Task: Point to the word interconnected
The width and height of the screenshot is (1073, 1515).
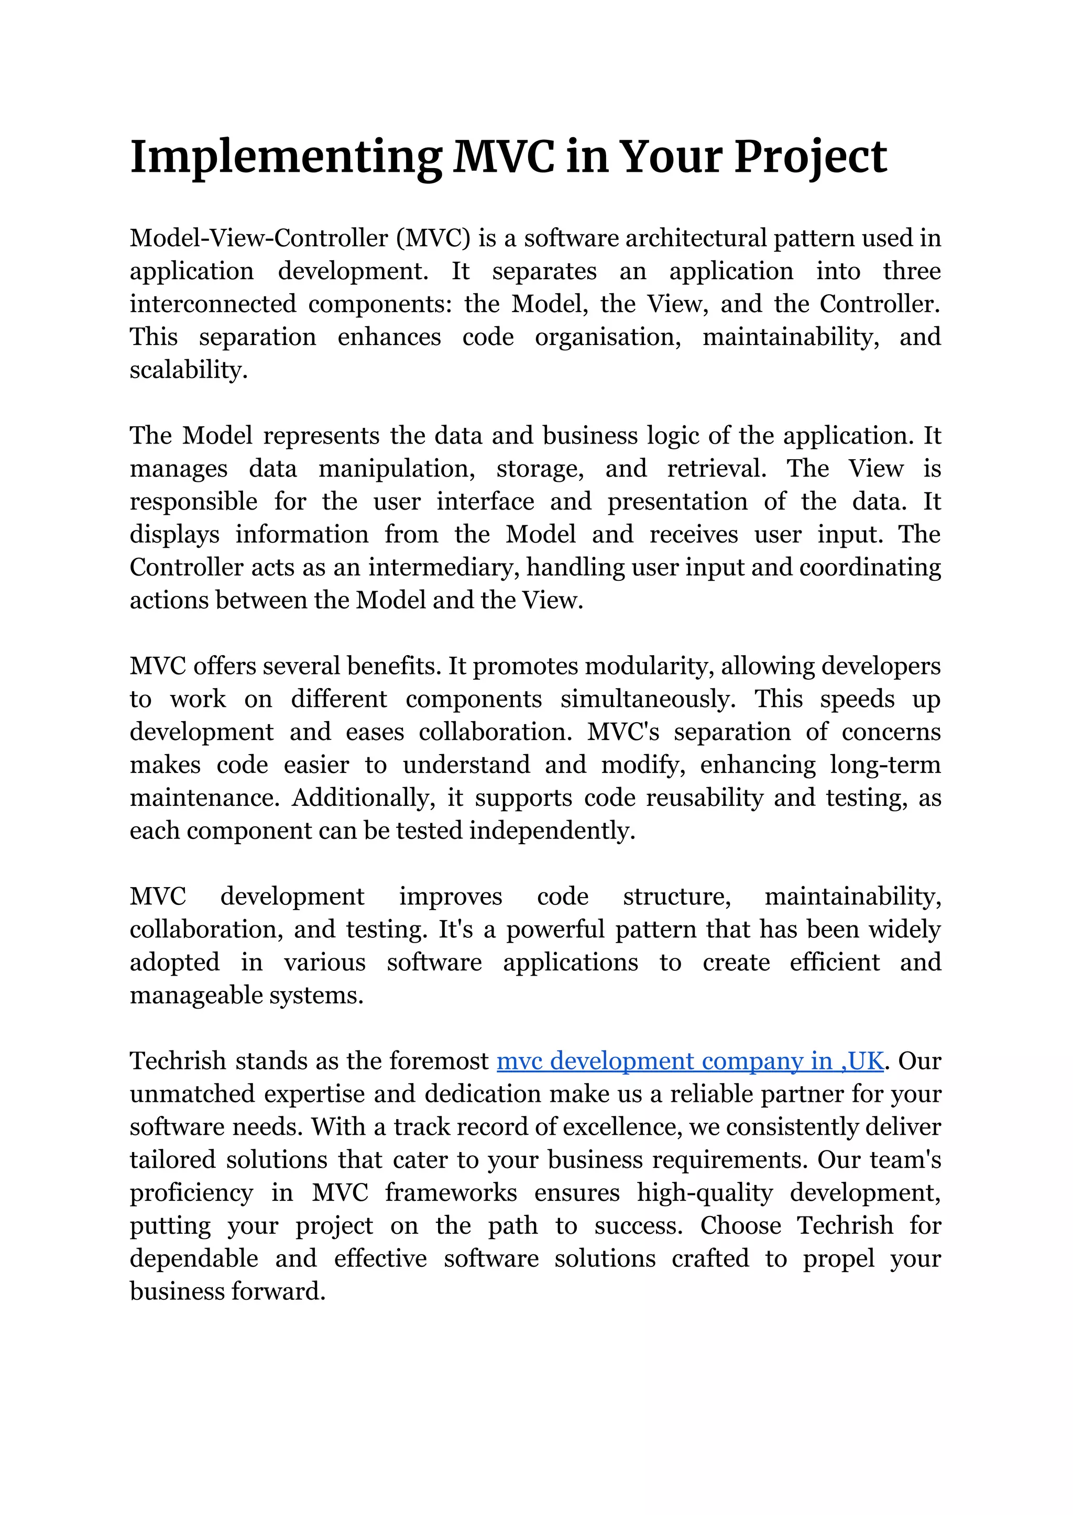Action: click(213, 304)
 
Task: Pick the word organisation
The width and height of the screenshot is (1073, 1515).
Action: click(607, 337)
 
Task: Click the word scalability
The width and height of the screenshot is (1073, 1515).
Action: click(188, 370)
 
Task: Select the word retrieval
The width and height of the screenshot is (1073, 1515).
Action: click(716, 468)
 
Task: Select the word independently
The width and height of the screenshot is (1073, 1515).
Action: click(552, 831)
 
